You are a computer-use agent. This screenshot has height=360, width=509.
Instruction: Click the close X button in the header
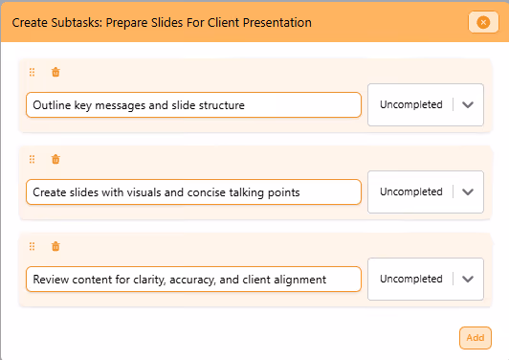pos(478,22)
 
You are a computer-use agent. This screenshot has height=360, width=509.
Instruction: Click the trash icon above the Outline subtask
pos(55,72)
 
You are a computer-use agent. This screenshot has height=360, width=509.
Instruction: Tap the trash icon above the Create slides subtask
pos(55,159)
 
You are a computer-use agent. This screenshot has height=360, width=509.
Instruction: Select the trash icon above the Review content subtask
pos(55,246)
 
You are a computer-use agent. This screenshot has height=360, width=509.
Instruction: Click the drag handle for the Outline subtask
pos(33,72)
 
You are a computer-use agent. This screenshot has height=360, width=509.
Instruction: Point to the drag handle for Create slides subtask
pos(33,159)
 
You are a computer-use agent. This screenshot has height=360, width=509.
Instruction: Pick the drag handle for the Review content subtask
pos(33,246)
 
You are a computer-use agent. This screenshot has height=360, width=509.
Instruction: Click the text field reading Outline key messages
pos(193,104)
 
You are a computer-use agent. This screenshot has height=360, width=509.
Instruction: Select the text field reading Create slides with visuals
pos(193,191)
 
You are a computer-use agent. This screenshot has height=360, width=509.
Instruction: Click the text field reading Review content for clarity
pos(193,279)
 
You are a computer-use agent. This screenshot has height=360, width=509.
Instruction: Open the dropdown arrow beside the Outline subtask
pos(468,104)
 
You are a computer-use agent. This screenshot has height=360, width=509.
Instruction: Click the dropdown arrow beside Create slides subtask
pos(468,191)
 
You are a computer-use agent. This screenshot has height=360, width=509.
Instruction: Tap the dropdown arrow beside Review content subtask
pos(468,279)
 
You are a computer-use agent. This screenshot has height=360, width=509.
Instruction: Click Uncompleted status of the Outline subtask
pos(411,104)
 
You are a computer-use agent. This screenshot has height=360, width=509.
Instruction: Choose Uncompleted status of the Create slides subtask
pos(411,191)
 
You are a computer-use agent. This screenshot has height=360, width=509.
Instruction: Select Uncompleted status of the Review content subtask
pos(411,279)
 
